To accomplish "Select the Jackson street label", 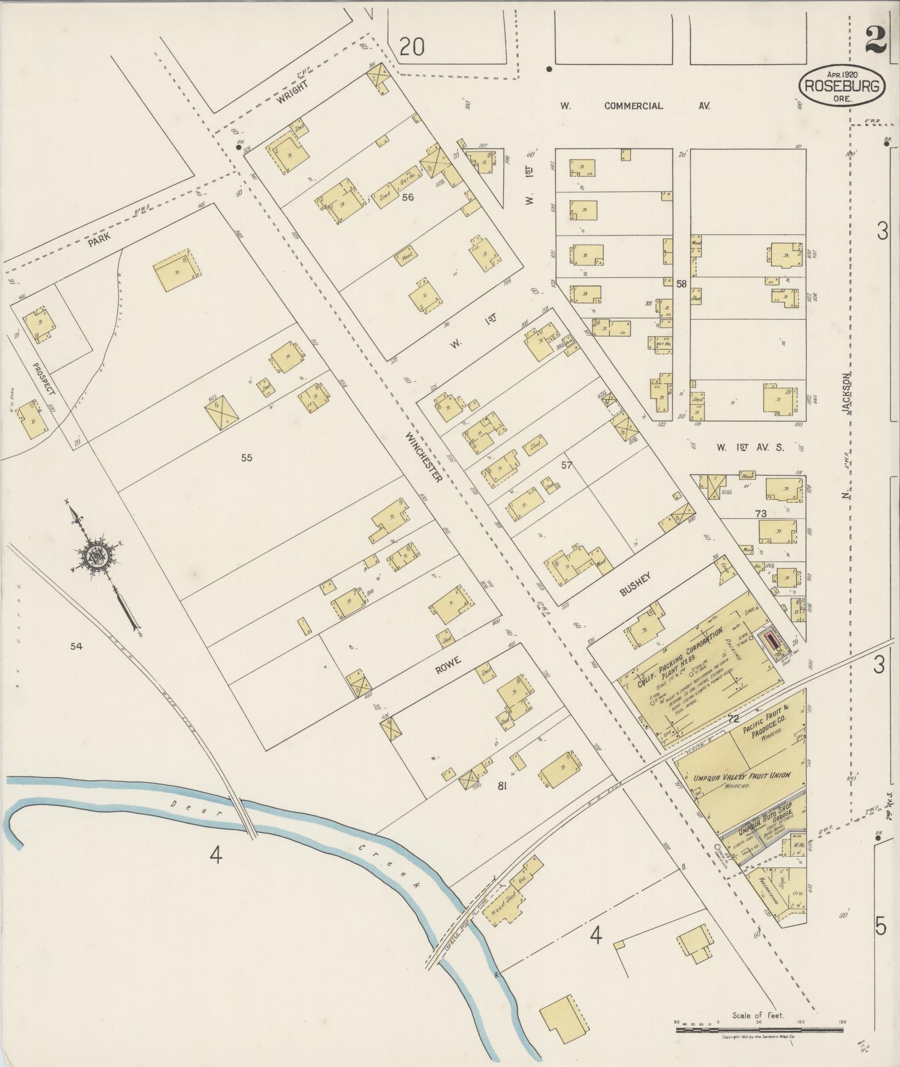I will [x=848, y=393].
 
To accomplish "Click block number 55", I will [x=247, y=458].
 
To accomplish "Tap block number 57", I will [x=567, y=465].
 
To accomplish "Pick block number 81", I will [x=502, y=786].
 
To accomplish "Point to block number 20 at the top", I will [x=412, y=47].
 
